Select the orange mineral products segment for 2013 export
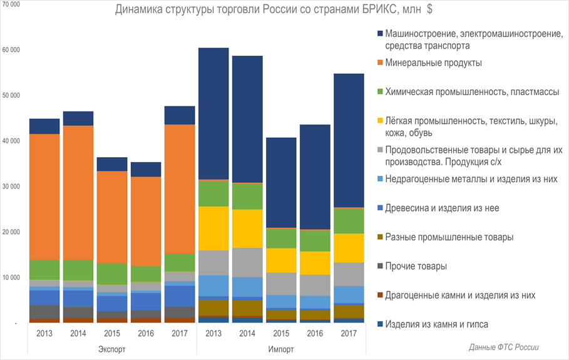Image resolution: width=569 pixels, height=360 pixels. point(44,197)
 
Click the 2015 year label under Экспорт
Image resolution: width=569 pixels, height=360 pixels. point(111,334)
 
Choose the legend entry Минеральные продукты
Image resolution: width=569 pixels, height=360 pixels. point(433,63)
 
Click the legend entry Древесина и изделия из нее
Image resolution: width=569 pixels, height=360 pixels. point(442,208)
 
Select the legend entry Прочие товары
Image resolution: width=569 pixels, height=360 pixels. point(416,266)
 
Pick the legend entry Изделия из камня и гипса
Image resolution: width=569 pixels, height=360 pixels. point(436,324)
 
